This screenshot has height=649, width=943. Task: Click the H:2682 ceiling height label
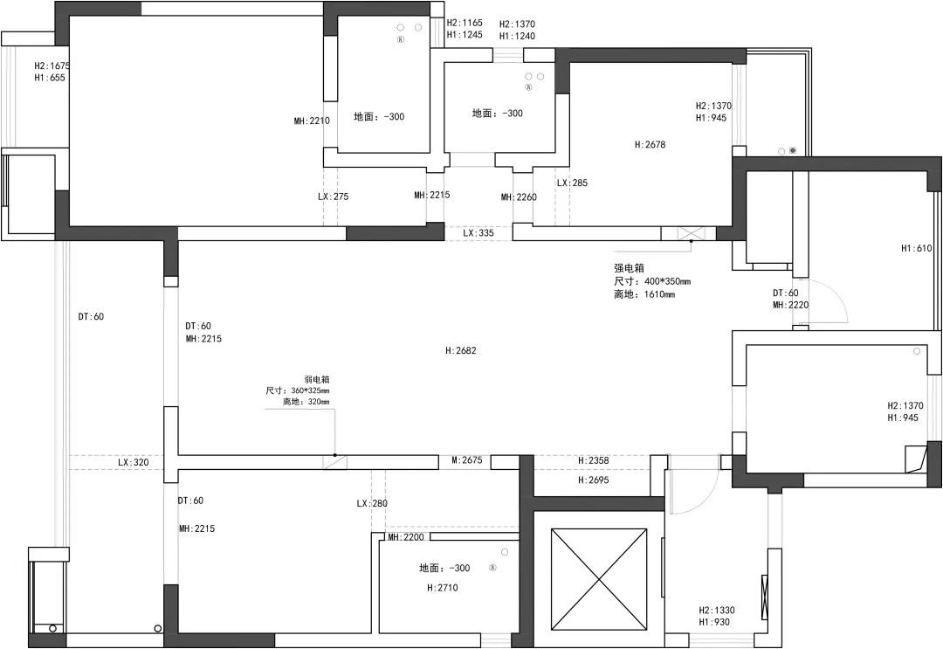[461, 350]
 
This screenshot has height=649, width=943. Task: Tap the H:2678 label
[650, 144]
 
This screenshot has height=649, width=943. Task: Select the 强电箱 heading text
[629, 268]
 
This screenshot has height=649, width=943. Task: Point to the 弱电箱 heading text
[316, 380]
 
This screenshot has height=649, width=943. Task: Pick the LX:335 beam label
[478, 232]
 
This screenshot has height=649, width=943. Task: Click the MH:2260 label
[519, 197]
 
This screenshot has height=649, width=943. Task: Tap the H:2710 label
[443, 588]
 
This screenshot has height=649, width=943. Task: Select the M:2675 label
[466, 460]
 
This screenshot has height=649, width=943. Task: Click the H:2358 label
[593, 460]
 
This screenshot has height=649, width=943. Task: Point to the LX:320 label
[133, 463]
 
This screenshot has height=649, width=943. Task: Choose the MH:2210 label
[312, 121]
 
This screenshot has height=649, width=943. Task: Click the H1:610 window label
[917, 248]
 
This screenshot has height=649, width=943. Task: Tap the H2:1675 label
[52, 66]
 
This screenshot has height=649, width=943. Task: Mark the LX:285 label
[572, 183]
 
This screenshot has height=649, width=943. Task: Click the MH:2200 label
[406, 537]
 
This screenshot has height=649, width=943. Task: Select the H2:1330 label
[716, 611]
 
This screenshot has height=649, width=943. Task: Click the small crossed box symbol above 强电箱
[686, 233]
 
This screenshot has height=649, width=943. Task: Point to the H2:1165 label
[465, 23]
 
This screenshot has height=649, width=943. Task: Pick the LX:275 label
[334, 197]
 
